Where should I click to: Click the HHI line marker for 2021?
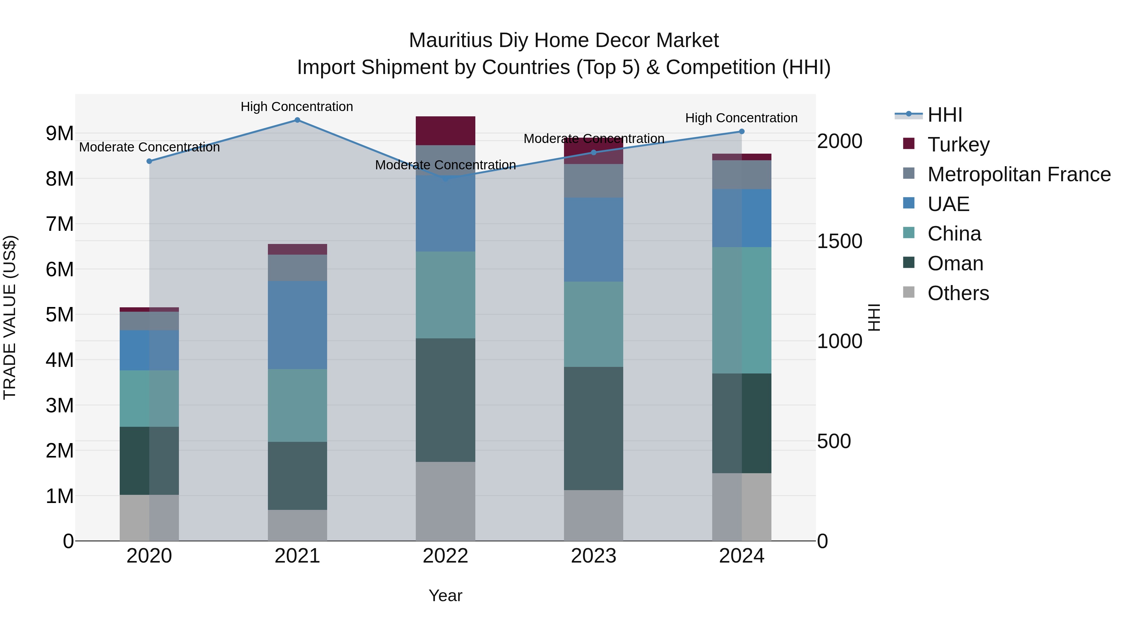(x=297, y=120)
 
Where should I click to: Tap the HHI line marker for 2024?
(x=742, y=131)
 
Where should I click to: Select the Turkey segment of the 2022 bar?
(x=445, y=130)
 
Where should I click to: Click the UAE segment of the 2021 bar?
(x=297, y=325)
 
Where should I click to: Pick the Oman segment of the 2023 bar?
(x=593, y=429)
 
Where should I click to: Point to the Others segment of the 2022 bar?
(x=445, y=501)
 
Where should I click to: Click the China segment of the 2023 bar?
(x=593, y=324)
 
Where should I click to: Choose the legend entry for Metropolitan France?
(x=1019, y=174)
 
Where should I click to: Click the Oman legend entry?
(x=955, y=263)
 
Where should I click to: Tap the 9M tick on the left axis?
(x=60, y=133)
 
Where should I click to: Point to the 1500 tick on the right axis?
(x=839, y=241)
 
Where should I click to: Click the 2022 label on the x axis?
(x=445, y=556)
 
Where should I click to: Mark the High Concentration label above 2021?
(x=297, y=107)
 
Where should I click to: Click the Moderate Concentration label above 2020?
(x=149, y=147)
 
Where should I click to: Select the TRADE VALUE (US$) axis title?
(x=10, y=317)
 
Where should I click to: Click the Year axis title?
(x=445, y=595)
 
